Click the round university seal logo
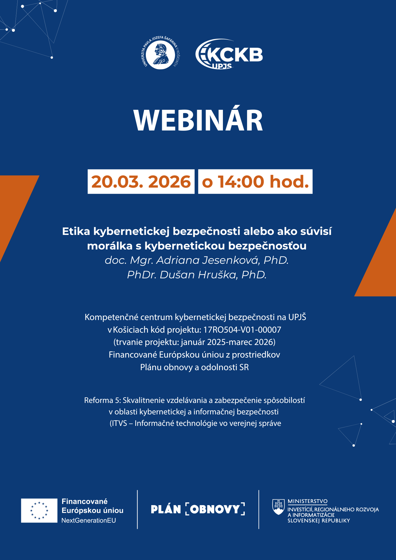pos(161,53)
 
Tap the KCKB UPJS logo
pos(229,54)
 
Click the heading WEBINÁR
pos(198,120)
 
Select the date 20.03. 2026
pos(141,182)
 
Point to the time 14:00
pos(241,182)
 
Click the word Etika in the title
pos(76,231)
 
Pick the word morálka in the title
pos(110,246)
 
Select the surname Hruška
pos(218,275)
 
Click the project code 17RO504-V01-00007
pos(242,330)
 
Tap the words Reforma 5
pos(102,400)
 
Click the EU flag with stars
pos(39,510)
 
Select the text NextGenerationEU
pos(89,521)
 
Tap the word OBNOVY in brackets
pos(215,509)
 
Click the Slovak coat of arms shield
pos(278,507)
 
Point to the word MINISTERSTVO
pos(308,501)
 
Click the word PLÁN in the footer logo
pos(166,509)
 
